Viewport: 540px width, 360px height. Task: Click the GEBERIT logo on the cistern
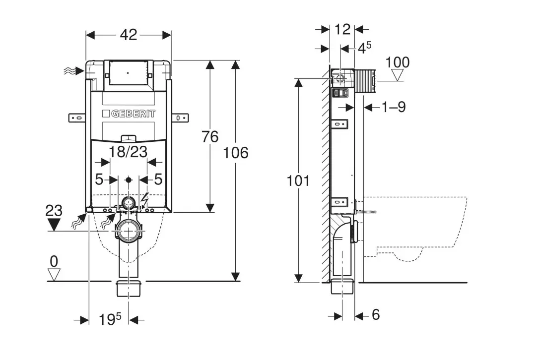point(130,114)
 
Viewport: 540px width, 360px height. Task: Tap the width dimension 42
point(129,35)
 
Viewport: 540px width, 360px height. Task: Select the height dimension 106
point(236,153)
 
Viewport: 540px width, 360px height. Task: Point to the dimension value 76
point(210,136)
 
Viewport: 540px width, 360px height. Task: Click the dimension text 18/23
point(128,152)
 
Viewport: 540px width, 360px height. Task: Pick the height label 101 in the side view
point(298,180)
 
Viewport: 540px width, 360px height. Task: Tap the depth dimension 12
point(342,29)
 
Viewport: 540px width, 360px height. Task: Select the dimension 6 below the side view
point(375,314)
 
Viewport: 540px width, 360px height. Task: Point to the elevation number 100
point(398,62)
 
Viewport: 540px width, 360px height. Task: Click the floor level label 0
point(54,260)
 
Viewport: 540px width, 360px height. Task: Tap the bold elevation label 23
point(54,211)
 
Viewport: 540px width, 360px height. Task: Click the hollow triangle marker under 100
point(398,75)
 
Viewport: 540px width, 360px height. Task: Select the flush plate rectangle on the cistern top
point(128,73)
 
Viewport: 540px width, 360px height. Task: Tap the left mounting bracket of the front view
point(77,118)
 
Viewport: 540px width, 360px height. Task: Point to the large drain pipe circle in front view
point(129,231)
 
